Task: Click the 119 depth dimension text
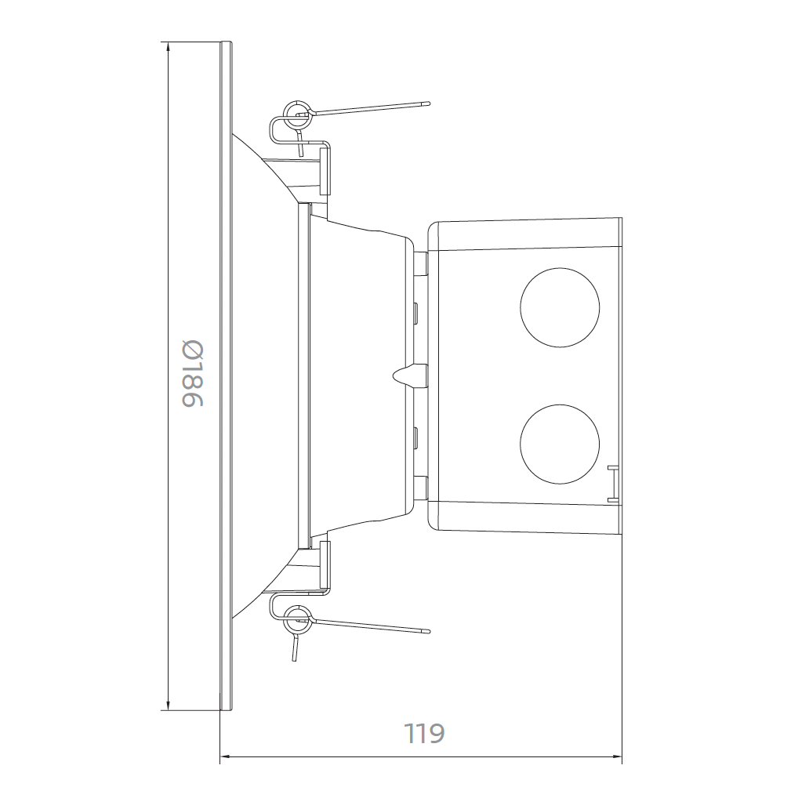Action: (x=424, y=734)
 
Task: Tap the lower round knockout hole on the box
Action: (x=560, y=443)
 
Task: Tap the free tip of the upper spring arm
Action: (x=427, y=102)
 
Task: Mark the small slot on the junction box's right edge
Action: (x=611, y=481)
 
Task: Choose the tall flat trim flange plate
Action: (x=227, y=376)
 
